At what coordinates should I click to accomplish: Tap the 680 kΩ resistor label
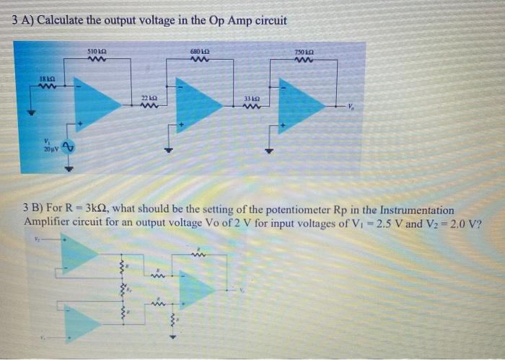tap(200, 52)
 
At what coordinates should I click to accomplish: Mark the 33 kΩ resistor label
tap(250, 97)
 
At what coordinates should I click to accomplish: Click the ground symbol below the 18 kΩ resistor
tap(31, 113)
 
